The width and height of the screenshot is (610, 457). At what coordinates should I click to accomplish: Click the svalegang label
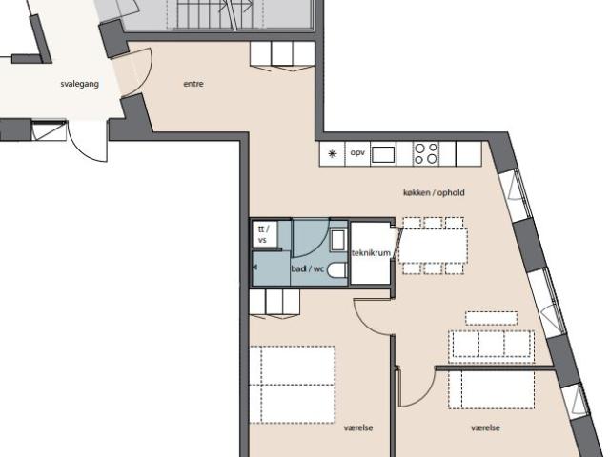coord(80,84)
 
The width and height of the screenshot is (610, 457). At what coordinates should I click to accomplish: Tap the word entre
coord(193,84)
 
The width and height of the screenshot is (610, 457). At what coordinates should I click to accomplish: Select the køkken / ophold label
coord(434,192)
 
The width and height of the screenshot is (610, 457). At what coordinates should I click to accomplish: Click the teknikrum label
coord(371,253)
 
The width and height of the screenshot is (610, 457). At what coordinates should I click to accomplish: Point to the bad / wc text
coord(307,268)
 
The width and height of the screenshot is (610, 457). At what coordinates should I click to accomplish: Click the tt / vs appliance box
coord(265,234)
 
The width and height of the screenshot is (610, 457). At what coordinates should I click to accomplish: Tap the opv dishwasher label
coord(357,152)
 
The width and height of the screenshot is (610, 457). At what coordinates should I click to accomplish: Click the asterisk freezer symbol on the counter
coord(333,154)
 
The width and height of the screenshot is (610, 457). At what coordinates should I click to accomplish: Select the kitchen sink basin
coord(383,154)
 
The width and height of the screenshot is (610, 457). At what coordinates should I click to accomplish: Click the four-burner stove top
coord(426,153)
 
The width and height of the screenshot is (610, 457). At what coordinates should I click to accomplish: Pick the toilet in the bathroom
coord(336,270)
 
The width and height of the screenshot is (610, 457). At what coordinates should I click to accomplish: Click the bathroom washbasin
coord(337,241)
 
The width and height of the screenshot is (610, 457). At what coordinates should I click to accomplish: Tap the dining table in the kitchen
coord(434,246)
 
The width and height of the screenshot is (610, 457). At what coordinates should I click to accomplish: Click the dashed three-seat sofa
coord(492,344)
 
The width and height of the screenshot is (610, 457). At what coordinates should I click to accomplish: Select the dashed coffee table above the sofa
coord(492,318)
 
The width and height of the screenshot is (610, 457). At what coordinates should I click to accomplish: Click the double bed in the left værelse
coord(293,385)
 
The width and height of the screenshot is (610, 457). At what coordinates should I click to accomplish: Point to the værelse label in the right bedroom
coord(485,427)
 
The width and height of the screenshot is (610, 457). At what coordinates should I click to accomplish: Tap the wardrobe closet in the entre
coord(282,53)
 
